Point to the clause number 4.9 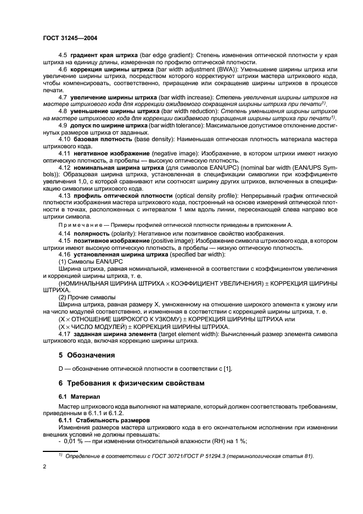point(63,126)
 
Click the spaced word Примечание point(78,225)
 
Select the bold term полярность point(91,234)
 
